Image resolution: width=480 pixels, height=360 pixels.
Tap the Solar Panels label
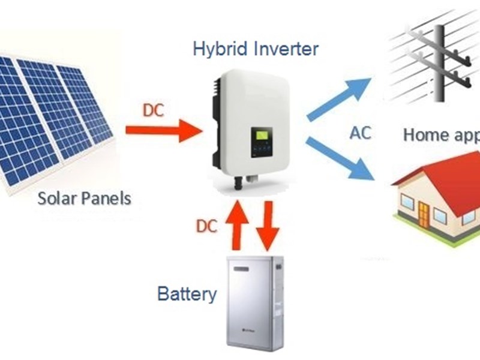point(84,197)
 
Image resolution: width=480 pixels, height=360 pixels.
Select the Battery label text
point(187,294)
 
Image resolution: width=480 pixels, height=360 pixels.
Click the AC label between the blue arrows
point(360,133)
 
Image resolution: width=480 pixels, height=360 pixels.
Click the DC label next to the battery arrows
point(206,226)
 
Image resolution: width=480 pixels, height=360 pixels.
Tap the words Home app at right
point(441,134)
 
